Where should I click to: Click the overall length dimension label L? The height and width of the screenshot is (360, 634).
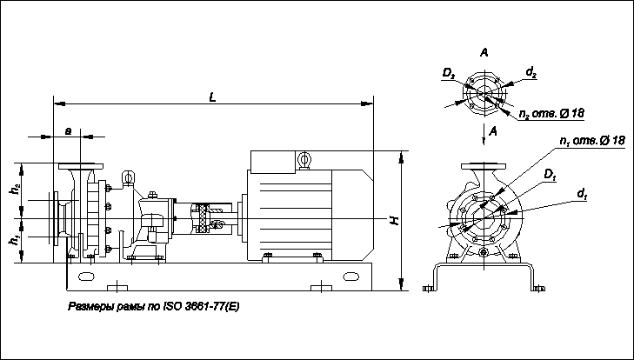coord(212,97)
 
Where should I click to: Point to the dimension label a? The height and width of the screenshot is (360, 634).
coord(69,130)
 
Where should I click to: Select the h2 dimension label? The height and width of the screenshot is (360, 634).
coord(16,189)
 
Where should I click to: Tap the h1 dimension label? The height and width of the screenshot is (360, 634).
coord(16,240)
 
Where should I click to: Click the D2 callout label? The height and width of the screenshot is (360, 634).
coord(449,73)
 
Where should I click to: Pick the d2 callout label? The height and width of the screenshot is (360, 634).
coord(531,72)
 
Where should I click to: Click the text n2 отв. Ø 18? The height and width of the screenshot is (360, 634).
coord(551,114)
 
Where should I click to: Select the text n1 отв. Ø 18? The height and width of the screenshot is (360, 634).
coord(592,141)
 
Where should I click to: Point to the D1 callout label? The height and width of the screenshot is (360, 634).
coord(551,174)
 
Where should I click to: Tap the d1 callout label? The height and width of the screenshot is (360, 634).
coord(582,194)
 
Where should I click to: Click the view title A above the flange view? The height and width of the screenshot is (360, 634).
coord(484,52)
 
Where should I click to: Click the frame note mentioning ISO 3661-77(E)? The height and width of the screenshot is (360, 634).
coord(154,307)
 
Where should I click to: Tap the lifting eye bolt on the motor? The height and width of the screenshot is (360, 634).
coord(304,160)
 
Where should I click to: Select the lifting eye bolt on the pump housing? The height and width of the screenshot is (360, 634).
coord(128,178)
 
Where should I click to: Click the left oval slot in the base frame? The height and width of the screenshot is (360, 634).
coord(86,277)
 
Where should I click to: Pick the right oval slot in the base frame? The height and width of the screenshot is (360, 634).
coord(350,277)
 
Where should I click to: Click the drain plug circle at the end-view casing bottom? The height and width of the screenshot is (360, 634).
coord(484,253)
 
